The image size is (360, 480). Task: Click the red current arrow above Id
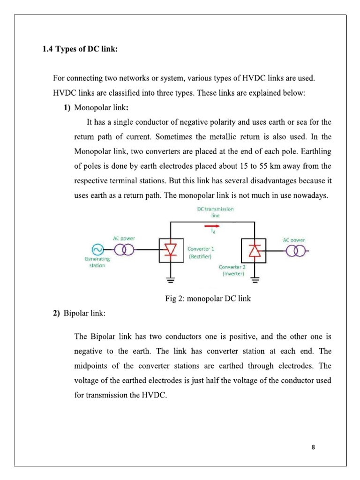[212, 225]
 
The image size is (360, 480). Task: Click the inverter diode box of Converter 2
[254, 251]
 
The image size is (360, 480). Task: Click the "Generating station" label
[97, 262]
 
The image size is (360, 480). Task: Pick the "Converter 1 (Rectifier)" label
[200, 253]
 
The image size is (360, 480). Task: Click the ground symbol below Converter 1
[171, 281]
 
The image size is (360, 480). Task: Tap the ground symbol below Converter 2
[255, 281]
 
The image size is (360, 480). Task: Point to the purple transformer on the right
[296, 251]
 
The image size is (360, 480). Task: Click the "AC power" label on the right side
[294, 240]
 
